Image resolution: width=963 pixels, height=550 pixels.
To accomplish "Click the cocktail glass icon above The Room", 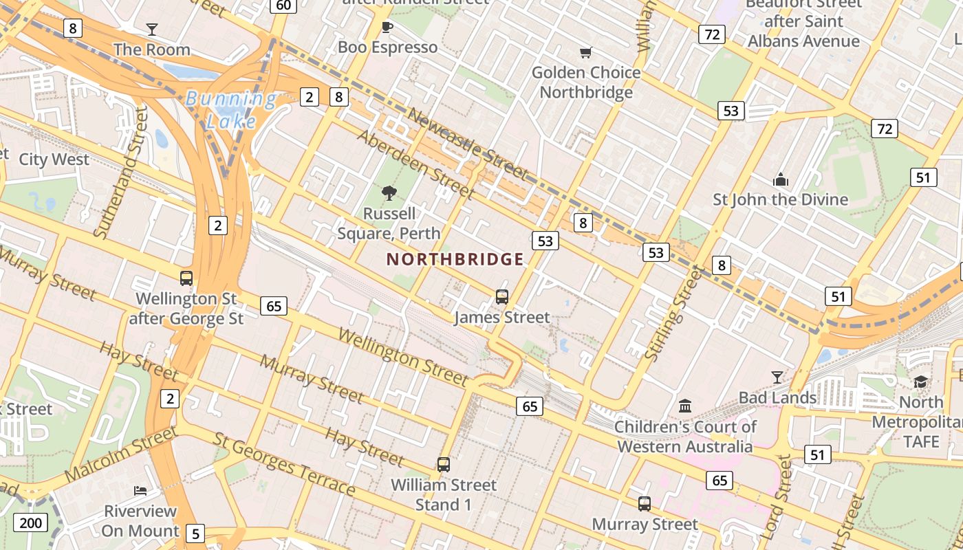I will pyautogui.click(x=152, y=29).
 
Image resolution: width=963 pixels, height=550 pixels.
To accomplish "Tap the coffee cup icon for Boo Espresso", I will pyautogui.click(x=387, y=27).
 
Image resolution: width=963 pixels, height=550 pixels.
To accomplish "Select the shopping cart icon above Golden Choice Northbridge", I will pyautogui.click(x=586, y=52).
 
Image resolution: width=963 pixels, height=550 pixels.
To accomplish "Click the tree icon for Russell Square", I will pyautogui.click(x=389, y=193).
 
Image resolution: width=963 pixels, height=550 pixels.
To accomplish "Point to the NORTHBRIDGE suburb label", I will pyautogui.click(x=455, y=259).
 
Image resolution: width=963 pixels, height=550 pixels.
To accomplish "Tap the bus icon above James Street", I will pyautogui.click(x=502, y=297).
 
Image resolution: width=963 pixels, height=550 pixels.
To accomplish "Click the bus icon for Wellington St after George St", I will pyautogui.click(x=186, y=278).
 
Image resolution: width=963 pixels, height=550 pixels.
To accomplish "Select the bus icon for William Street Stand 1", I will pyautogui.click(x=444, y=465).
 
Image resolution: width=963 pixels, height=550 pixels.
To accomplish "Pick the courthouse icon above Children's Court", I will pyautogui.click(x=685, y=406).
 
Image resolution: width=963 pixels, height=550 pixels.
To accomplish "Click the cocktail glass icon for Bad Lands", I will pyautogui.click(x=777, y=377).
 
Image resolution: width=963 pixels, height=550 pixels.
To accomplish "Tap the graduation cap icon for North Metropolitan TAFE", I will pyautogui.click(x=921, y=382).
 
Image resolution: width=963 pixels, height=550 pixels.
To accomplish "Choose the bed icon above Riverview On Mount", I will pyautogui.click(x=140, y=491).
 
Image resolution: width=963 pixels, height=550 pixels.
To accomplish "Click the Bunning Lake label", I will pyautogui.click(x=230, y=110).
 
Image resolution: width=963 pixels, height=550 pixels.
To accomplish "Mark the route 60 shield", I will pyautogui.click(x=283, y=5).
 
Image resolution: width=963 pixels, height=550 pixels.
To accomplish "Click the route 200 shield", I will pyautogui.click(x=31, y=522).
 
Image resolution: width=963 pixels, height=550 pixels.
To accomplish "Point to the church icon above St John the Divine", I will pyautogui.click(x=780, y=179).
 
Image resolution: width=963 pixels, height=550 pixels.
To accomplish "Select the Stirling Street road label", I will pyautogui.click(x=674, y=313).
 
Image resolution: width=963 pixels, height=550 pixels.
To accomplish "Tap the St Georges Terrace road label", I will pyautogui.click(x=284, y=464).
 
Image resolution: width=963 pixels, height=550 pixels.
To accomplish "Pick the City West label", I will pyautogui.click(x=54, y=159).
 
